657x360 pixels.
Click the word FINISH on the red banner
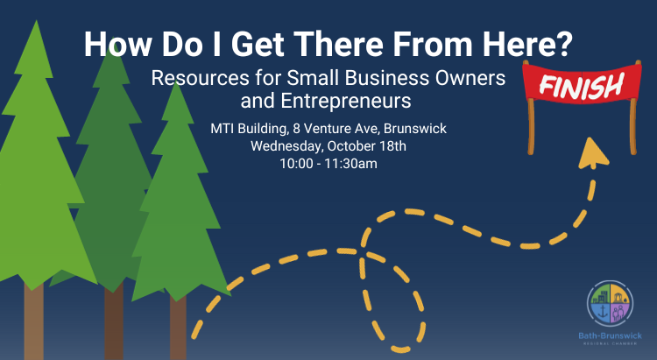[x=581, y=86]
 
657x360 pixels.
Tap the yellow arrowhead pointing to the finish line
[x=592, y=153]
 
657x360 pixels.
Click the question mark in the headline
[x=563, y=45]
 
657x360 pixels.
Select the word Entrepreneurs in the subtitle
[x=345, y=101]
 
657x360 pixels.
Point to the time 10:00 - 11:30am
[x=328, y=164]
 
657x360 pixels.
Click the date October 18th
[x=367, y=146]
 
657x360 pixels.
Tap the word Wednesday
[x=287, y=146]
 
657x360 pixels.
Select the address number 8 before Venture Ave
[x=296, y=128]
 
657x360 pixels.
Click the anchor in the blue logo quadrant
[x=603, y=311]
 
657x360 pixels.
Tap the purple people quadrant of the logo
[x=619, y=312]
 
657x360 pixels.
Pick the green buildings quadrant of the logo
[x=599, y=294]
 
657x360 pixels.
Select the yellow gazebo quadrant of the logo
[x=620, y=294]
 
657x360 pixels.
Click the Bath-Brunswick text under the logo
[x=610, y=336]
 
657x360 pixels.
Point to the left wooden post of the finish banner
[x=531, y=125]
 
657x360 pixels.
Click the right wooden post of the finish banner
[x=633, y=125]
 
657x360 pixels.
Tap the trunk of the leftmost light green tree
[x=33, y=321]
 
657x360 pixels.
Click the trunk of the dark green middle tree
[x=114, y=321]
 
